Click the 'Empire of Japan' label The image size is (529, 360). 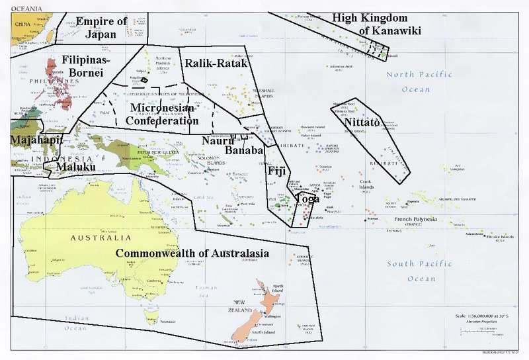(101, 28)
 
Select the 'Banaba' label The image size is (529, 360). (245, 150)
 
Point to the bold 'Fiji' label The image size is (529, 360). (277, 171)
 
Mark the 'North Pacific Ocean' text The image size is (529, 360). (419, 82)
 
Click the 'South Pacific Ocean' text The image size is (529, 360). (419, 271)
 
